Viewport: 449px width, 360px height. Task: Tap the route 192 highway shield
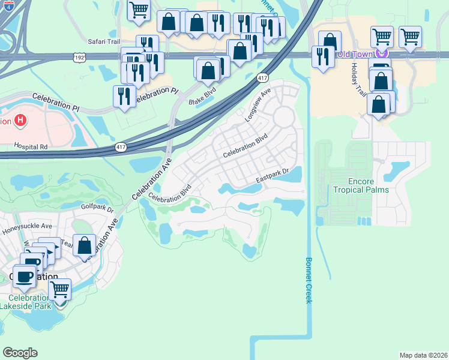point(80,57)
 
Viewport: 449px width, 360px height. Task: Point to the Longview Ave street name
point(258,105)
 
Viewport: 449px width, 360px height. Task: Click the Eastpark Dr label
point(273,175)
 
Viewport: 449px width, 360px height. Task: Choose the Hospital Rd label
point(32,146)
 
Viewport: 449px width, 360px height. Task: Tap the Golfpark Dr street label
point(97,208)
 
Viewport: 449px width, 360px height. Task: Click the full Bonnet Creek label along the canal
point(309,280)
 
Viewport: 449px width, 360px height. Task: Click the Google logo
point(20,353)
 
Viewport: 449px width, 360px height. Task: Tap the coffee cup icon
point(24,277)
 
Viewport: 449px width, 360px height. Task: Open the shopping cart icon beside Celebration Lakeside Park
point(59,289)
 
